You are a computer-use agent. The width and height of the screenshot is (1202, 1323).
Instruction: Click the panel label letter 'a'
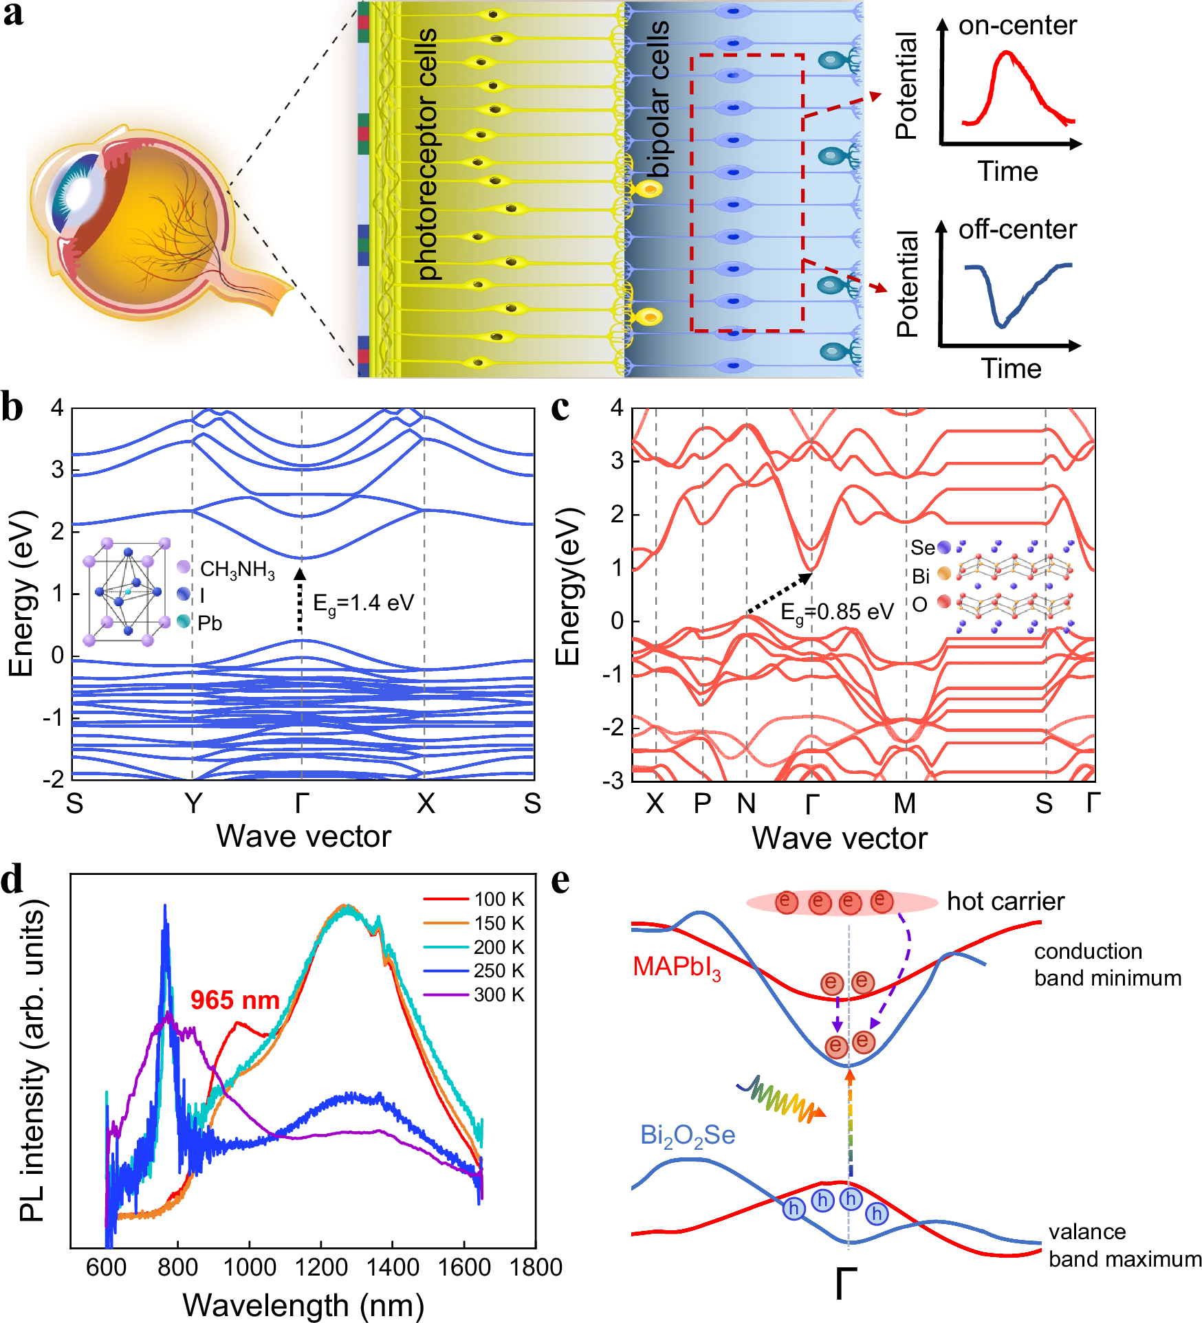pos(13,15)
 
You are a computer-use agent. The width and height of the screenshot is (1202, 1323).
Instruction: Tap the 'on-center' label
pos(1017,25)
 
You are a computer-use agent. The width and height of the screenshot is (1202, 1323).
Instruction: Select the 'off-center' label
pos(1017,230)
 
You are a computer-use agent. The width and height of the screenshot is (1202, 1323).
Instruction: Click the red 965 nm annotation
pos(234,1000)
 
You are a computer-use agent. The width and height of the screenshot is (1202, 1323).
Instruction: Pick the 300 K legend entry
pos(499,994)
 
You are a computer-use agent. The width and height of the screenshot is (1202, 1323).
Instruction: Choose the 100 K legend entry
pos(499,899)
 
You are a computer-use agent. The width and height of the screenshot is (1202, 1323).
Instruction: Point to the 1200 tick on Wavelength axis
pos(320,1267)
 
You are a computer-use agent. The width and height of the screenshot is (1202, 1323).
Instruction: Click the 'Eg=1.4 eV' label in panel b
pos(363,604)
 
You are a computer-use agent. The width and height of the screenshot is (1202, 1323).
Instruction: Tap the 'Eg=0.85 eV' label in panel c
pos(837,612)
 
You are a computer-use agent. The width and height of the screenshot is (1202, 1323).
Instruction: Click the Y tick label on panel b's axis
pos(193,803)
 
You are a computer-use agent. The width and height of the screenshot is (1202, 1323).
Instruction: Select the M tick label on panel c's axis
pos(904,803)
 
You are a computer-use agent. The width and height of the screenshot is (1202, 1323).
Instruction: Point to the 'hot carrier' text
pos(1005,901)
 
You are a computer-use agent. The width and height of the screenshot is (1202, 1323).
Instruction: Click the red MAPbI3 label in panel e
pos(677,968)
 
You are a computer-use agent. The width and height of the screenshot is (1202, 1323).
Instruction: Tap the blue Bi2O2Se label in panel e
pos(688,1135)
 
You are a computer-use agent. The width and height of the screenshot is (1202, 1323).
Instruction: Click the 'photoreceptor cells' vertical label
pos(427,155)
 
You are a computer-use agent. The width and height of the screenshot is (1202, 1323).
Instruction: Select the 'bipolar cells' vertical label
pos(658,100)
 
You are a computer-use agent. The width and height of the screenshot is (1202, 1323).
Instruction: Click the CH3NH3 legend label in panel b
pos(237,570)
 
